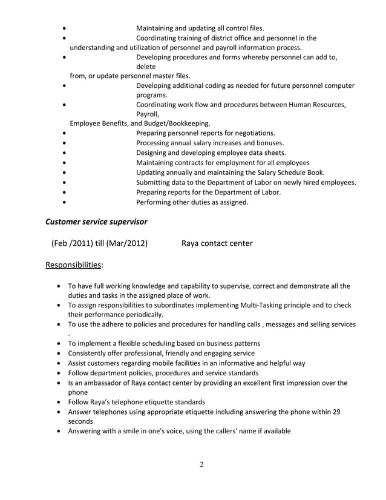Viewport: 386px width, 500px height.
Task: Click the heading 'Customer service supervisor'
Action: [x=97, y=222]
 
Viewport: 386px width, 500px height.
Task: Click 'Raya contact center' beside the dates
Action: [x=217, y=243]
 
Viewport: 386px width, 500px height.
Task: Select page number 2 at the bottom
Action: [x=201, y=464]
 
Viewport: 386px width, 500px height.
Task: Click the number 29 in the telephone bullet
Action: [x=336, y=412]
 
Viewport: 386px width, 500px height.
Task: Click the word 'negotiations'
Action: [x=254, y=133]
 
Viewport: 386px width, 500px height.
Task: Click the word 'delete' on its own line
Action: [x=146, y=67]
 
